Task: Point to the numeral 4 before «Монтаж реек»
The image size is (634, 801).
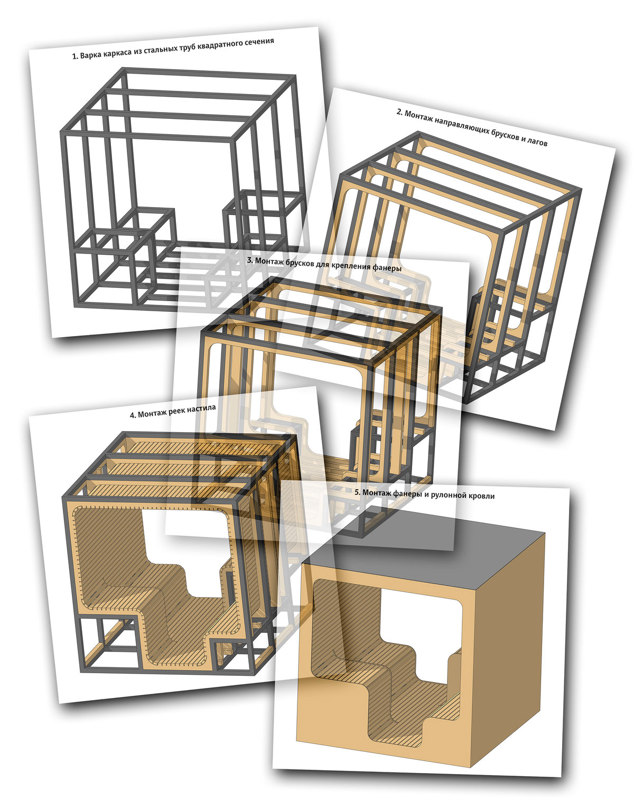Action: point(132,416)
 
